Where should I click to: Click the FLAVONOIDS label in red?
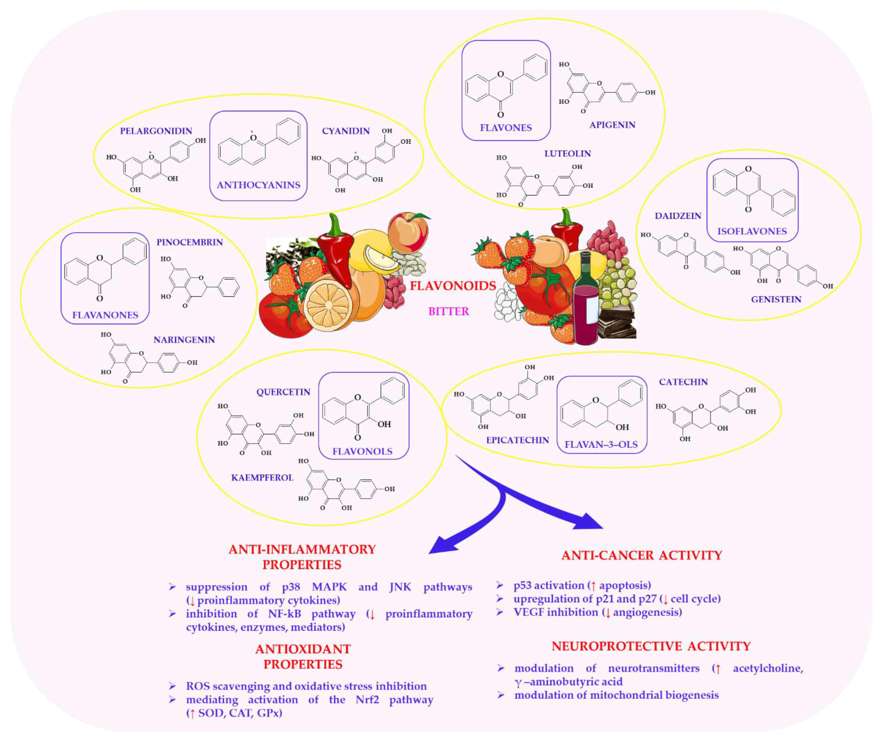point(453,286)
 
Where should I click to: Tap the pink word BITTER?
point(448,311)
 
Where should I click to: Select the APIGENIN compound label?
point(612,125)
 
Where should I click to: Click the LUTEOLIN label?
point(567,153)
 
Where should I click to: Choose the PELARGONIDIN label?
point(156,131)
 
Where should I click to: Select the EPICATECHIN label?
point(517,440)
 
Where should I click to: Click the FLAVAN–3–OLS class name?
point(601,445)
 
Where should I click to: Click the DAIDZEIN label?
point(678,216)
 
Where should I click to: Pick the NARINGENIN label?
point(184,340)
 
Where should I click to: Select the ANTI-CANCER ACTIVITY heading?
point(641,555)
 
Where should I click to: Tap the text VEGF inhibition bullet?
point(597,612)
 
